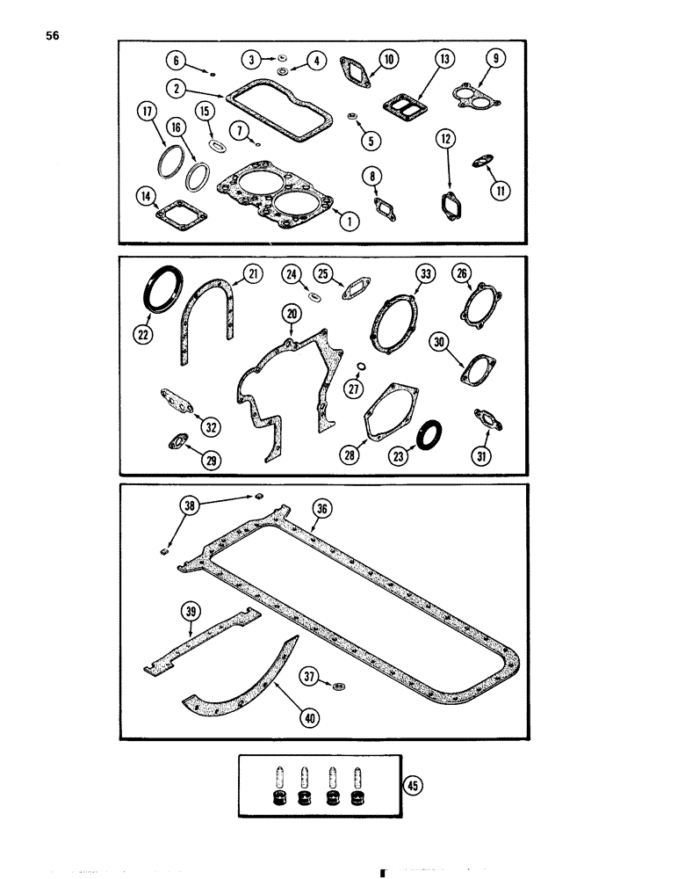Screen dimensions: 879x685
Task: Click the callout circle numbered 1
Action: (350, 222)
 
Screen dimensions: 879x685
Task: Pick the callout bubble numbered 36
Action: (323, 507)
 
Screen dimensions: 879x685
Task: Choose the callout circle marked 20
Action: (291, 313)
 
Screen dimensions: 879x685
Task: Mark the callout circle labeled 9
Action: (497, 59)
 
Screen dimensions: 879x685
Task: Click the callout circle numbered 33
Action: (426, 275)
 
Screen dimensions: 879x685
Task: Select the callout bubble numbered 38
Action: (190, 505)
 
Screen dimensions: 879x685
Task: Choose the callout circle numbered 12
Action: (444, 138)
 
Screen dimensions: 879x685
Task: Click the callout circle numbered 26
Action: (463, 274)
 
